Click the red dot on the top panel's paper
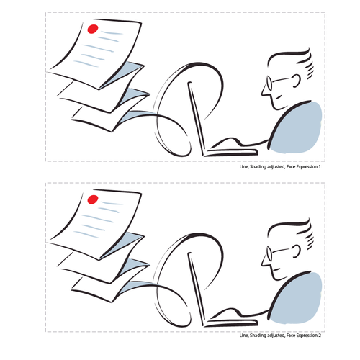tap(92, 30)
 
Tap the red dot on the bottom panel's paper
tap(92, 199)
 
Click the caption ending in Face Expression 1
tap(279, 167)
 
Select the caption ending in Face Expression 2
tap(279, 336)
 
